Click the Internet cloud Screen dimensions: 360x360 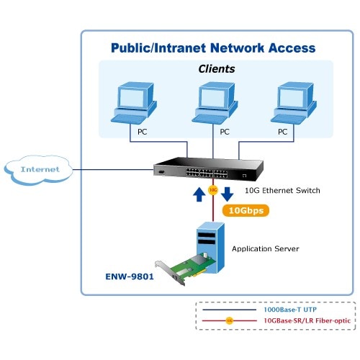[x=38, y=170]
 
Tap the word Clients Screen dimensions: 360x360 [x=217, y=69]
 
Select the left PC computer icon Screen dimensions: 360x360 [x=134, y=103]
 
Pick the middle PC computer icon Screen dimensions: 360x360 [x=215, y=103]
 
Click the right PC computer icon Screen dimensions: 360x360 [x=294, y=103]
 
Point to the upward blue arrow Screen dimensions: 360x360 [x=199, y=194]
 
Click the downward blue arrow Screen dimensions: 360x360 [x=227, y=194]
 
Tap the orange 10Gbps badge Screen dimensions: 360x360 [x=246, y=210]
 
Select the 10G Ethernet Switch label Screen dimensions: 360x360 [x=282, y=191]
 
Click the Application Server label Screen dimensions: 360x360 [x=266, y=249]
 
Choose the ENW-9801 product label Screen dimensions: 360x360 [x=130, y=276]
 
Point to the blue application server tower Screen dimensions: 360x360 [x=210, y=247]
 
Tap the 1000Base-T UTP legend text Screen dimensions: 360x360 [x=290, y=310]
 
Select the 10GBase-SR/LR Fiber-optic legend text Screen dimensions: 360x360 [x=307, y=320]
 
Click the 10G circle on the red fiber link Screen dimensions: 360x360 [x=213, y=190]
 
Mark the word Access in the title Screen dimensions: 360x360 [x=292, y=48]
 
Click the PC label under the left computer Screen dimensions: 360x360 [x=142, y=132]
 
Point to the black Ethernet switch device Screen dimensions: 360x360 [x=208, y=169]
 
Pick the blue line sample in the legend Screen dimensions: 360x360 [x=229, y=310]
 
